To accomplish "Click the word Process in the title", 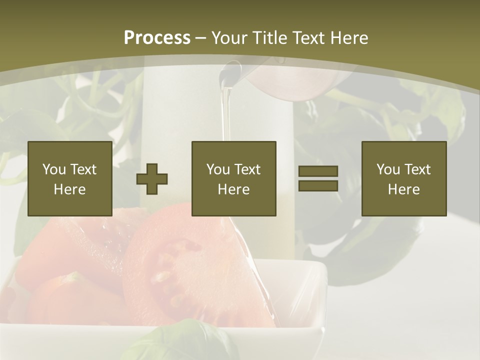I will pos(157,38).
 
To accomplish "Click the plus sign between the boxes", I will pos(152,179).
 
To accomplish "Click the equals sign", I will pos(318,178).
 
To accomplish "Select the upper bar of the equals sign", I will pos(318,171).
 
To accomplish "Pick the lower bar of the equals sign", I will pos(318,185).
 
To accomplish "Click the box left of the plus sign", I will pos(70,178).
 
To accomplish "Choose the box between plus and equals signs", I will pos(234,178).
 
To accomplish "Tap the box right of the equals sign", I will pos(404,178).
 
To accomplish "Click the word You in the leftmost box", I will pos(54,169).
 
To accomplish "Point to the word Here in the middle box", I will pos(234,189).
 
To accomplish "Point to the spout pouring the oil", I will pos(235,67).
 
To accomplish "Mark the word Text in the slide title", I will pos(307,38).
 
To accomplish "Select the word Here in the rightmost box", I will pos(404,189).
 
